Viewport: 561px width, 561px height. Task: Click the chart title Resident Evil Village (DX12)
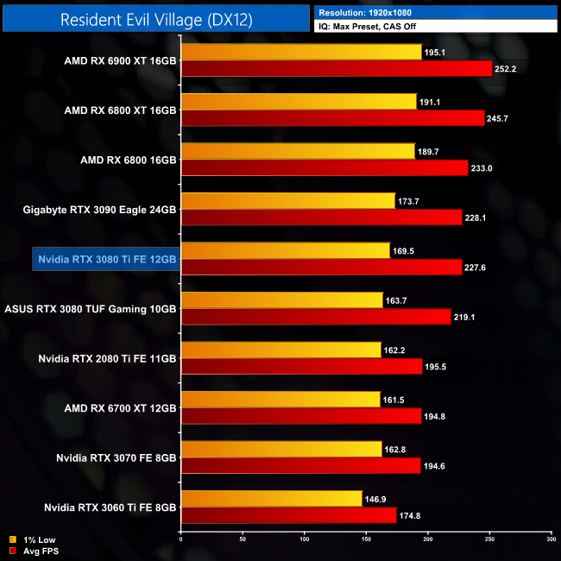(x=156, y=18)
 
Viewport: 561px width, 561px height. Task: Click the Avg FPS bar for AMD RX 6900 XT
(x=337, y=69)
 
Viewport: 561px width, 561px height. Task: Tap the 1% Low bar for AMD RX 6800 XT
(x=299, y=102)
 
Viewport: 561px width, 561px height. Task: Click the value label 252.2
(x=506, y=69)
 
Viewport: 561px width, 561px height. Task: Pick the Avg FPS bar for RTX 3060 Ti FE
(x=289, y=515)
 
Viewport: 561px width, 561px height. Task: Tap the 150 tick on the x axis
(x=366, y=539)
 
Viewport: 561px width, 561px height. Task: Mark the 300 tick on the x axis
(x=552, y=539)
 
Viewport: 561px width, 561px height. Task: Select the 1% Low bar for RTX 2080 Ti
(x=280, y=350)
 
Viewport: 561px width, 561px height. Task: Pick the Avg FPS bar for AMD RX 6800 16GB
(x=325, y=167)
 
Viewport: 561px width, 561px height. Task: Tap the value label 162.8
(x=395, y=449)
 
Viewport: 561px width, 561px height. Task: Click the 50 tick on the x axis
(x=243, y=539)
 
